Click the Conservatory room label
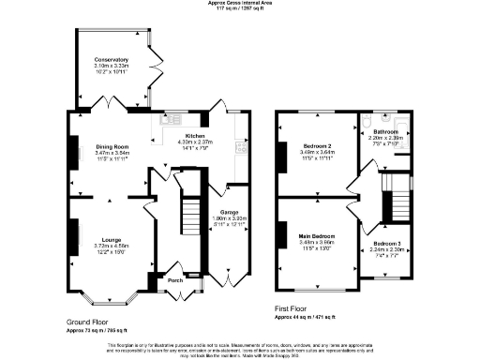[x=111, y=60]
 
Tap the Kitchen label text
[x=195, y=136]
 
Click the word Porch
[x=174, y=280]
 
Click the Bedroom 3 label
[x=385, y=244]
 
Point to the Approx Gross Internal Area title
[x=240, y=4]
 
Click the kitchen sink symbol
[x=171, y=119]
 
